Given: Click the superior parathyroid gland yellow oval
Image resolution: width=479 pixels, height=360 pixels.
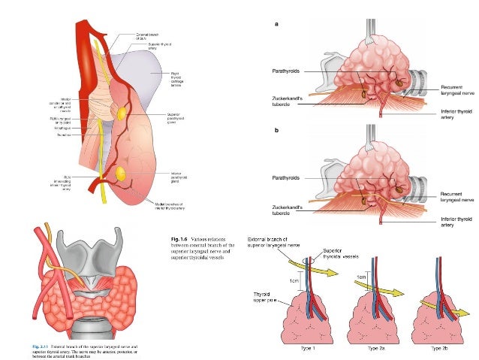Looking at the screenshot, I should pos(120,112).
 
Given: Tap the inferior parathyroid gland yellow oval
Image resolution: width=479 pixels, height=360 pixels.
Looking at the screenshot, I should pos(119,174).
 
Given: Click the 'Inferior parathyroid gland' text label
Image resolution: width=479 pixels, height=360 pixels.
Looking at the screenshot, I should pos(178,179).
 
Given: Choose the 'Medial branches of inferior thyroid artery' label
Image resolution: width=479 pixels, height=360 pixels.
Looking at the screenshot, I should pos(168,206).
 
